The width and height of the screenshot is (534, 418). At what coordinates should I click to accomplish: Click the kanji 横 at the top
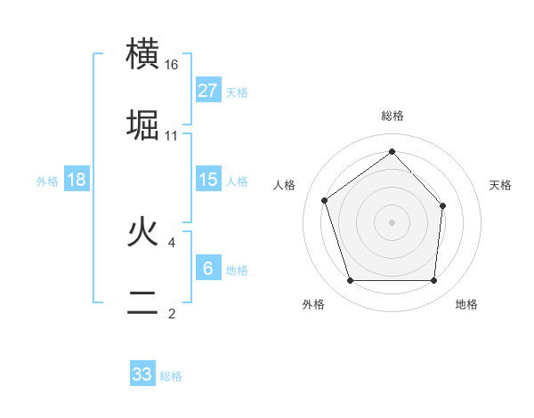[143, 54]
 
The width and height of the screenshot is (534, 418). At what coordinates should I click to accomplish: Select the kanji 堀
[143, 125]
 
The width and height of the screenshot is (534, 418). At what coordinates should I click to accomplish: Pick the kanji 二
[143, 302]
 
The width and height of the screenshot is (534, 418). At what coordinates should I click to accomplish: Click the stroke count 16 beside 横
[172, 65]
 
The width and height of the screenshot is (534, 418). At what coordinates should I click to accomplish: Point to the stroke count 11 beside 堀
[172, 136]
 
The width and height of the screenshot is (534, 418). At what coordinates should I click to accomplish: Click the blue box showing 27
[208, 91]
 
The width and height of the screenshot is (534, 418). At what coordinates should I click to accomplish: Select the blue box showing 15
[208, 180]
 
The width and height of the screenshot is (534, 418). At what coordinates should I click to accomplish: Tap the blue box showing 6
[208, 269]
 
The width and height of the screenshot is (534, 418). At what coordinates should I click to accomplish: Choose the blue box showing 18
[77, 180]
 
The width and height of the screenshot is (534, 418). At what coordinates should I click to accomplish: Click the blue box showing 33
[142, 374]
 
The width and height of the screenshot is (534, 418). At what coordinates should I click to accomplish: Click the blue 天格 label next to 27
[237, 92]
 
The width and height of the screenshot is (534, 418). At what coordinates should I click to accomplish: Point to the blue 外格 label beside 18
[47, 181]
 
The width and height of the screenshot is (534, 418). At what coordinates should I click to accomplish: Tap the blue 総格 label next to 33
[171, 376]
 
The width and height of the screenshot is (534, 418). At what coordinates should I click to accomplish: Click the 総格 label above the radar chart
[392, 117]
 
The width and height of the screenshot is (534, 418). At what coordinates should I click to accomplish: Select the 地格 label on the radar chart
[466, 305]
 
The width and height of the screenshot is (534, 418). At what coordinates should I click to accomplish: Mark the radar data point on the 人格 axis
[325, 200]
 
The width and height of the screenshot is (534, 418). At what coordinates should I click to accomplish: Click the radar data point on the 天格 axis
[443, 205]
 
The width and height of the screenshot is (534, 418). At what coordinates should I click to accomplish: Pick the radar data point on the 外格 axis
[350, 281]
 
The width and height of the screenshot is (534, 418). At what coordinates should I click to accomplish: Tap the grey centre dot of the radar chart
[392, 221]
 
